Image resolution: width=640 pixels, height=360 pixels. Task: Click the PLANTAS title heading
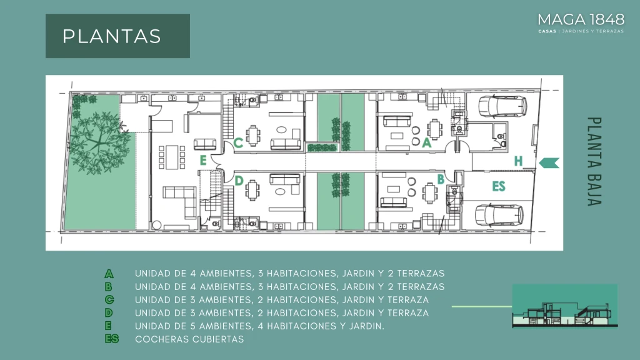coord(111,36)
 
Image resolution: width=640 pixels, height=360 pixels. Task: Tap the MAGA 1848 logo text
coord(581,19)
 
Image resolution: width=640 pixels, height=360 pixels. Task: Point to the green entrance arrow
coord(549,163)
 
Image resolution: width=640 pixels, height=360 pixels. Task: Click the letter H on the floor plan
coord(518,161)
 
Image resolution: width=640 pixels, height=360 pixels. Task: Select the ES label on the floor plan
coord(499,186)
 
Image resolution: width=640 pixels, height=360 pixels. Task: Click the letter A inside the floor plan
coord(426,142)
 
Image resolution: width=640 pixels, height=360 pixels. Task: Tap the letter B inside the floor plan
coord(441,179)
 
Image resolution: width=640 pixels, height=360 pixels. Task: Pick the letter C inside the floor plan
coord(238,143)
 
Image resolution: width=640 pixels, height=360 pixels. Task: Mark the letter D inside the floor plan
coord(239,181)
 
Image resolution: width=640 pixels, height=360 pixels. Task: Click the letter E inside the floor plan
coord(203,161)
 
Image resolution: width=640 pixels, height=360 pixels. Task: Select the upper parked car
coord(502,106)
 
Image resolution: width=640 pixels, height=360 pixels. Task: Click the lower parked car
coord(499,215)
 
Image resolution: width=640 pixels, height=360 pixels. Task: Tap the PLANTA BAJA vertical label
coord(594,162)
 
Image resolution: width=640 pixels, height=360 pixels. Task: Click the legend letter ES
coord(111,339)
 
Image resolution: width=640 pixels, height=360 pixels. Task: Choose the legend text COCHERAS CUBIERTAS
coord(189,339)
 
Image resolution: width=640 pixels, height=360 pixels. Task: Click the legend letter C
coord(109,299)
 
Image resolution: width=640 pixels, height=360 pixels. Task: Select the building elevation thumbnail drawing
coord(565,306)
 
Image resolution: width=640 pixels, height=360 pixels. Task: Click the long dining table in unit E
coord(172,157)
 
